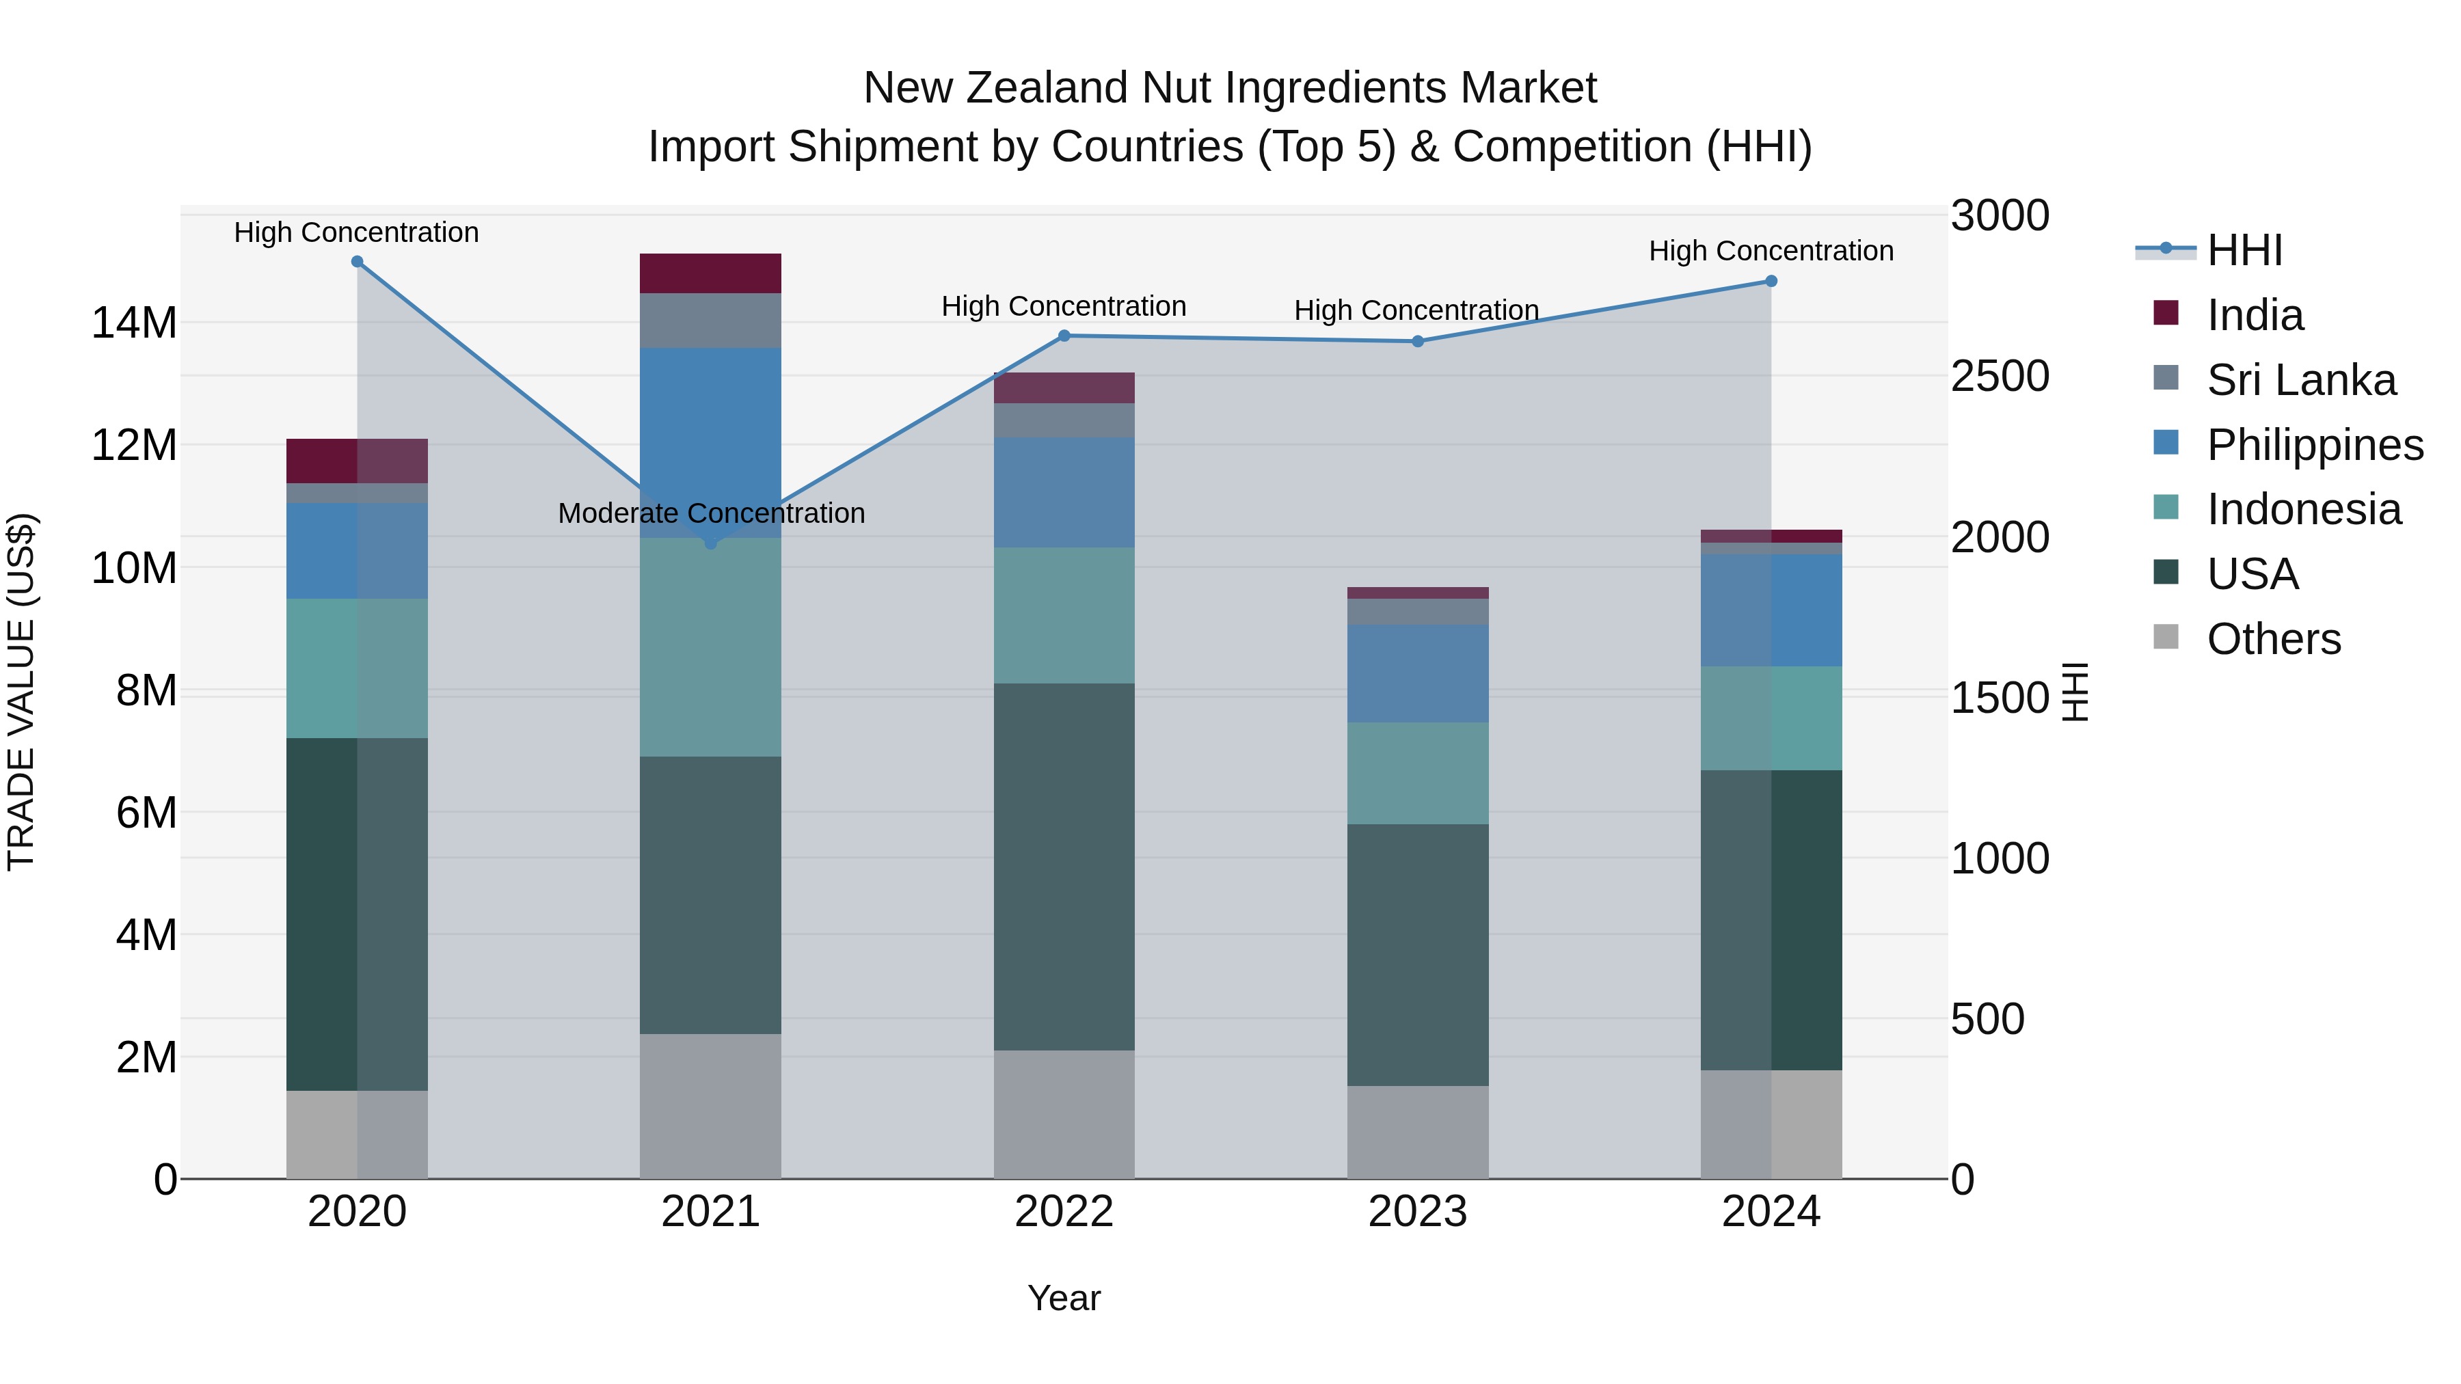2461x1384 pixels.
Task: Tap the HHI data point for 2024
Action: click(x=1771, y=281)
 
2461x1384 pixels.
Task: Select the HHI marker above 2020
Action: click(x=358, y=261)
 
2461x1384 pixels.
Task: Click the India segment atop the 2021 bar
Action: click(x=710, y=273)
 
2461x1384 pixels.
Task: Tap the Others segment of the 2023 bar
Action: click(x=1417, y=1131)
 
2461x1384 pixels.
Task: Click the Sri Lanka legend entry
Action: click(x=2300, y=380)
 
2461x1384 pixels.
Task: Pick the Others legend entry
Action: click(x=2273, y=639)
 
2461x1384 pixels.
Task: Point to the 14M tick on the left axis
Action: click(x=134, y=323)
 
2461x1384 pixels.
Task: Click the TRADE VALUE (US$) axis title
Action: click(x=21, y=692)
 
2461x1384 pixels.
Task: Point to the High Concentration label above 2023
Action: click(x=1416, y=310)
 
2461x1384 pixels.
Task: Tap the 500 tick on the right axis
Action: click(x=1987, y=1019)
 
